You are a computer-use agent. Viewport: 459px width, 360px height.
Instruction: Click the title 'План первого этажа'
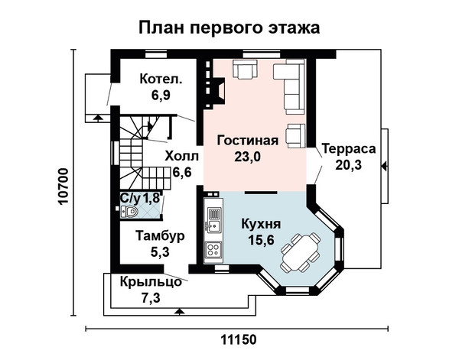[229, 28]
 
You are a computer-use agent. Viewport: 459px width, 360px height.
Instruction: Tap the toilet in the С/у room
[129, 211]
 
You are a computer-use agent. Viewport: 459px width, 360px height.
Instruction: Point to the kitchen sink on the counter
[213, 219]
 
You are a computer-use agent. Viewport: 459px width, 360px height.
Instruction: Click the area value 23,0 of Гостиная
[247, 157]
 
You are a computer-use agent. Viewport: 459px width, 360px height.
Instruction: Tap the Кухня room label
[261, 224]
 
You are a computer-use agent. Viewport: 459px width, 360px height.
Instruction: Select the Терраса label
[349, 149]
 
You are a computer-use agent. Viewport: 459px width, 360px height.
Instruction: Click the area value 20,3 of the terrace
[348, 165]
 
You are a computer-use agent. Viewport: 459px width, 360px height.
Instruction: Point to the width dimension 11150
[238, 340]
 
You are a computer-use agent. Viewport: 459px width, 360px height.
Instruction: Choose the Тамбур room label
[160, 236]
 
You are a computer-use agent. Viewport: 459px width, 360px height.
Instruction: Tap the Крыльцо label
[151, 282]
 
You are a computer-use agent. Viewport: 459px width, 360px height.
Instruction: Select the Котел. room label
[161, 79]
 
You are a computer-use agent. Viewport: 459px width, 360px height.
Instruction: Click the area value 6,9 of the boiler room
[161, 95]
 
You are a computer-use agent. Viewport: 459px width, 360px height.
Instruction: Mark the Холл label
[181, 156]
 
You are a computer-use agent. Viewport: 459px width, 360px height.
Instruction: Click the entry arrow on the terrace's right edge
[384, 167]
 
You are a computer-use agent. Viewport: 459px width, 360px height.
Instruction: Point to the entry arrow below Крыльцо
[179, 311]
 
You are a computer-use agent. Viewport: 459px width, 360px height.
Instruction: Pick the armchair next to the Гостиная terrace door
[295, 135]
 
